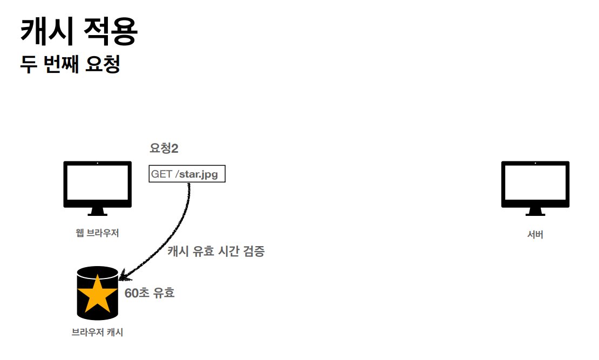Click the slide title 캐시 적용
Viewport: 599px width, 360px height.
pyautogui.click(x=79, y=32)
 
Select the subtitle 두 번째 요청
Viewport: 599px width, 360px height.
pyautogui.click(x=70, y=64)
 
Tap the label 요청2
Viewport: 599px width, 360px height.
pyautogui.click(x=164, y=149)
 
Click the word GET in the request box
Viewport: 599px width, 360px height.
pyautogui.click(x=161, y=174)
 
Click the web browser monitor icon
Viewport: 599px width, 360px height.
pyautogui.click(x=97, y=181)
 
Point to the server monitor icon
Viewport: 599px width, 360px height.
pyautogui.click(x=535, y=181)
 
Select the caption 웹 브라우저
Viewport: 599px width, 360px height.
pyautogui.click(x=97, y=233)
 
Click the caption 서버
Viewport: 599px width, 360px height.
pyautogui.click(x=535, y=234)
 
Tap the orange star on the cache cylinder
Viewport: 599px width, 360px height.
pyautogui.click(x=97, y=293)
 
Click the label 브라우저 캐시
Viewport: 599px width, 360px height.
pyautogui.click(x=97, y=332)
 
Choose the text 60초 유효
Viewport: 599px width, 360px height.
pyautogui.click(x=149, y=293)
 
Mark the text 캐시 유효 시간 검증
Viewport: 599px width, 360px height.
pyautogui.click(x=216, y=251)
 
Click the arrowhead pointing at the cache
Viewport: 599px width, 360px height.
pyautogui.click(x=123, y=277)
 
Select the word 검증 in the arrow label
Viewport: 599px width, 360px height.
pyautogui.click(x=254, y=251)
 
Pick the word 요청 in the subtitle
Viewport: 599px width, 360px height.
pyautogui.click(x=103, y=64)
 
